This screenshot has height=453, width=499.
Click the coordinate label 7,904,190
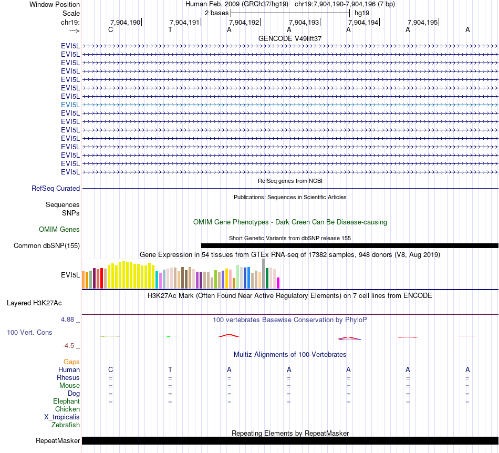point(125,23)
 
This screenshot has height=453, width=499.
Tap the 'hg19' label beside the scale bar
point(361,13)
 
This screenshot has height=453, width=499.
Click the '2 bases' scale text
point(216,13)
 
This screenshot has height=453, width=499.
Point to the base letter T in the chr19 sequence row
point(170,30)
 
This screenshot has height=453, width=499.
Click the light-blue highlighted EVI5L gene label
point(70,105)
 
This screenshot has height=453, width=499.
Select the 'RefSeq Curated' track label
point(56,188)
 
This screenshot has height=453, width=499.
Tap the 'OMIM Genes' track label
point(59,229)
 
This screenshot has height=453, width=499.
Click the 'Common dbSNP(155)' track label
point(47,245)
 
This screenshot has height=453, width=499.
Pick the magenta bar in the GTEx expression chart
point(278,283)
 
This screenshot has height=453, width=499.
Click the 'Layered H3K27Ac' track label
point(34,303)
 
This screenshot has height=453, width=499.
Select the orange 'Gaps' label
point(71,362)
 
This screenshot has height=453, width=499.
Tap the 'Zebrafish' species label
point(66,425)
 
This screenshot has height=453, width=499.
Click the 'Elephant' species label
point(67,401)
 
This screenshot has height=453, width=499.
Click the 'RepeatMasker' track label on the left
point(58,440)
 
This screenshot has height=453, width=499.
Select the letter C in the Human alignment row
point(110,369)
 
